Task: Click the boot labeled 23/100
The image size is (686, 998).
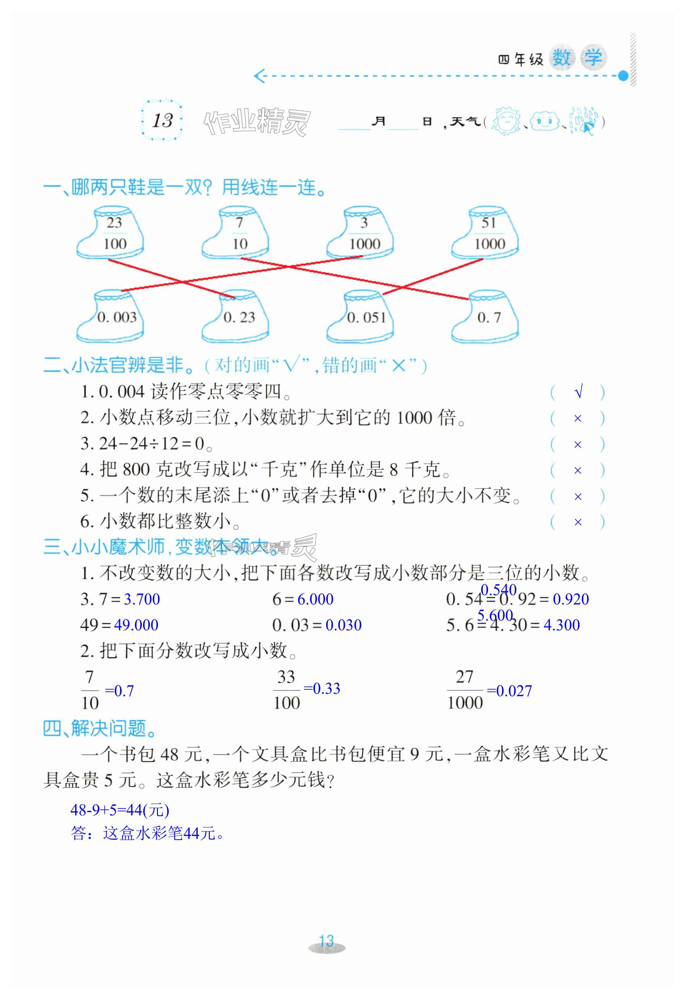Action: (x=111, y=234)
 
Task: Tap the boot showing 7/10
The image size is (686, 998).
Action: (x=236, y=234)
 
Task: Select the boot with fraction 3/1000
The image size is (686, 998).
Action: (x=361, y=234)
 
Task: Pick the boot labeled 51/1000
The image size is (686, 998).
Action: (x=486, y=234)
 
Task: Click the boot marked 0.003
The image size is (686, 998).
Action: (x=111, y=317)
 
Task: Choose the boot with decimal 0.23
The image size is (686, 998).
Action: (x=236, y=317)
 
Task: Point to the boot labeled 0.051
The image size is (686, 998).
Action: (x=361, y=317)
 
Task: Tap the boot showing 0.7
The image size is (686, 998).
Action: (x=486, y=317)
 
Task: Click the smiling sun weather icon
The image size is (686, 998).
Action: (x=506, y=121)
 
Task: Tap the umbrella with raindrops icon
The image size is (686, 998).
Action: (x=584, y=121)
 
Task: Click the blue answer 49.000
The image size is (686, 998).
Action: (x=136, y=625)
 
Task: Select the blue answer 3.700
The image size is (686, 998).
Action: (x=142, y=599)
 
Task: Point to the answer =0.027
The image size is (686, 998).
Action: (x=509, y=691)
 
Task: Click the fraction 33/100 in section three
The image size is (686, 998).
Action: (x=287, y=690)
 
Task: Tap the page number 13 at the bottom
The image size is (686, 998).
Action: (x=327, y=941)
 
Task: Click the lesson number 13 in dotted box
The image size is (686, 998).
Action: (x=162, y=120)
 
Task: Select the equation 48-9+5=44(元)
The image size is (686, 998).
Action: (x=120, y=810)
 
